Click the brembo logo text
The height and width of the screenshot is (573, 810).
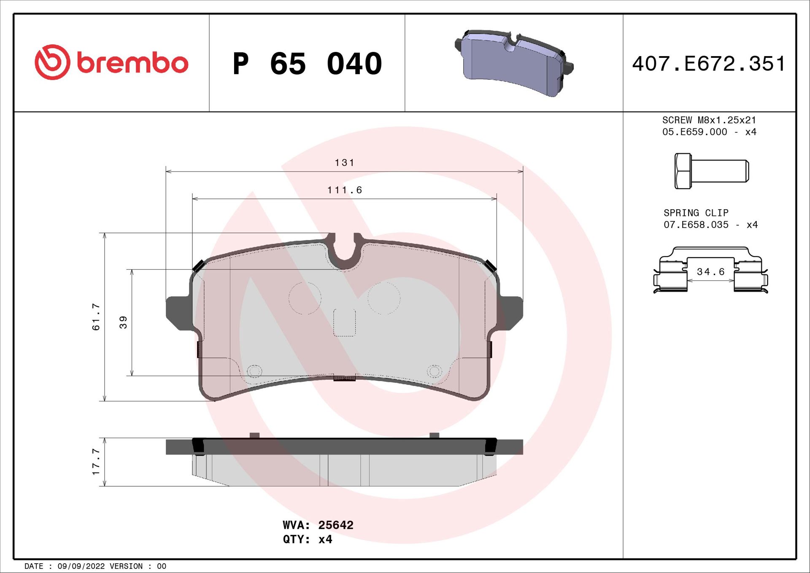[132, 63]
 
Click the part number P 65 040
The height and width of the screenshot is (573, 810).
[307, 64]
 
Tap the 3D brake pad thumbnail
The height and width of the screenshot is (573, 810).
[513, 63]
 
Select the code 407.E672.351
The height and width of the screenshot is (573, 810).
[709, 64]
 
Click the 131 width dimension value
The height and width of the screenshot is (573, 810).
[344, 163]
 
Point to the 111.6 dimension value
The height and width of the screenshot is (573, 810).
[344, 190]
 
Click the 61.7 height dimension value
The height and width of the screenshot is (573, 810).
[96, 316]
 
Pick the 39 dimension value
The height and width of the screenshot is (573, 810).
[123, 322]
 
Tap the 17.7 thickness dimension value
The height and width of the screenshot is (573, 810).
[96, 462]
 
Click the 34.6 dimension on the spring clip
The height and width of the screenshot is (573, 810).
[710, 272]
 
